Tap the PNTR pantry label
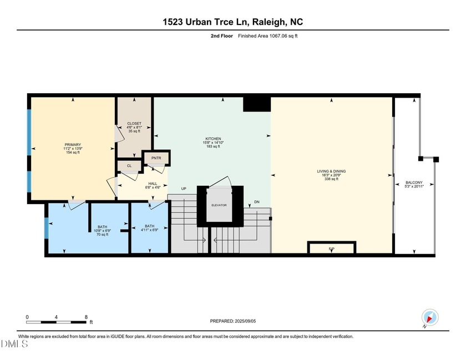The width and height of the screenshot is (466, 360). [x=156, y=158]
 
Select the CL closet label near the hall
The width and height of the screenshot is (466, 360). [x=129, y=165]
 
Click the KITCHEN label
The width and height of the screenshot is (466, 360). [x=212, y=138]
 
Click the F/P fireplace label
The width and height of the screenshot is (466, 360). [x=331, y=249]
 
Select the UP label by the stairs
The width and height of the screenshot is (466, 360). [x=183, y=189]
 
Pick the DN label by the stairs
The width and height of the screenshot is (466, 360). [x=256, y=201]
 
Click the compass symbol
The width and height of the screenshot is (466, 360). [x=429, y=318]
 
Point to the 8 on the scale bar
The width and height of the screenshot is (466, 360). [x=86, y=317]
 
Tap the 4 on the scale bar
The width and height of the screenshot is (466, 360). [x=57, y=317]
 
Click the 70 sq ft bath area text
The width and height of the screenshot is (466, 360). [x=102, y=235]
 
